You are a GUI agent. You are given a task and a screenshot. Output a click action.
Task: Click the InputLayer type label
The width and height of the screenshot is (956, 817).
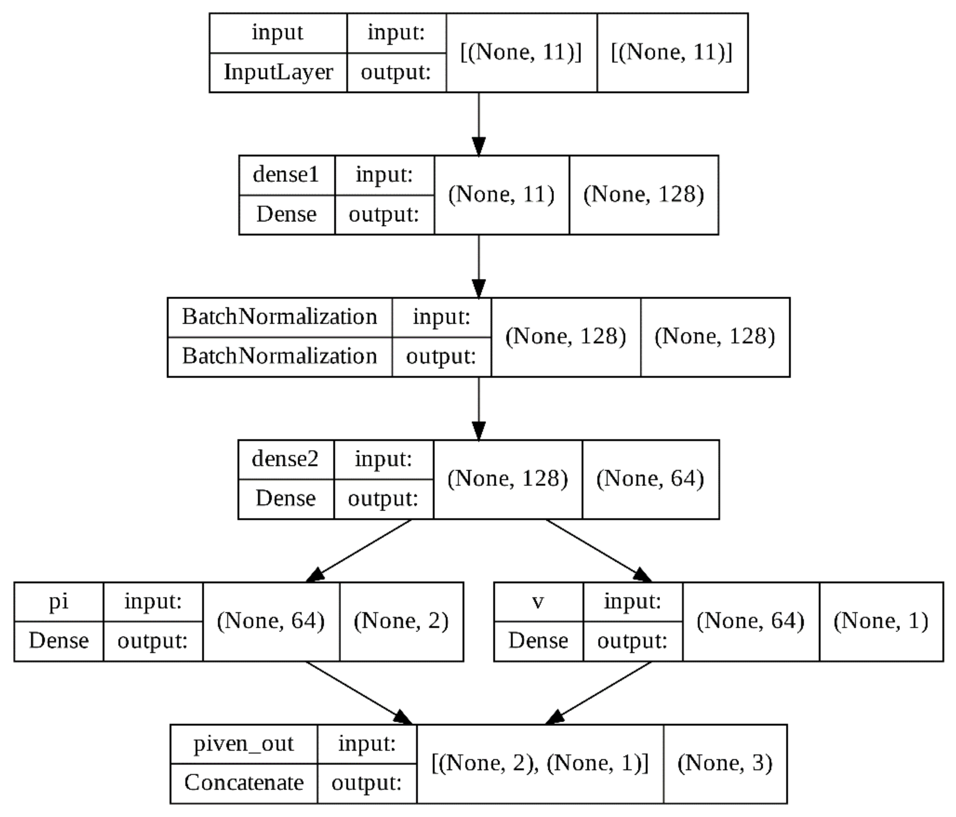pos(278,72)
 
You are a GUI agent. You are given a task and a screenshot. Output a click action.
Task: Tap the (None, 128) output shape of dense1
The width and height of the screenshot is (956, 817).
pos(644,195)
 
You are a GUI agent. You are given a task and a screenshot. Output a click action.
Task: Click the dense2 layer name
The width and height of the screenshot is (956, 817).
pos(285,459)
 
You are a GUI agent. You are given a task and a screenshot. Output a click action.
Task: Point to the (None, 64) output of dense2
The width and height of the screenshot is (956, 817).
pos(650,479)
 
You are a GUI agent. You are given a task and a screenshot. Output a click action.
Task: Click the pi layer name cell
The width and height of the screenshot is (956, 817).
pos(59,601)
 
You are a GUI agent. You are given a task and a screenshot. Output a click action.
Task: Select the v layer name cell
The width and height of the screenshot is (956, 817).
pos(538,601)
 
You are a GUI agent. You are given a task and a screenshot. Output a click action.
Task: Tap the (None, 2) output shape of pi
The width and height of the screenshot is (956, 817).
pos(401,621)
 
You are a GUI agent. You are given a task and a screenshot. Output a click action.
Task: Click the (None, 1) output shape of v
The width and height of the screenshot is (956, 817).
pos(881,621)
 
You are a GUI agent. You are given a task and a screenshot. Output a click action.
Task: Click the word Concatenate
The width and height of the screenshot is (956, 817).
pos(244,783)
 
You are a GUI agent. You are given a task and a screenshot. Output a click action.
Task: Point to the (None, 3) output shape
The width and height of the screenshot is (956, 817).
pos(725,763)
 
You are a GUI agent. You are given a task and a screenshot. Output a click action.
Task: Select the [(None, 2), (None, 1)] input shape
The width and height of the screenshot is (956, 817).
pos(540,763)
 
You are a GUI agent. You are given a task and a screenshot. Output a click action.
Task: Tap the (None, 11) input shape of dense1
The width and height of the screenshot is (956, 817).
pos(501,195)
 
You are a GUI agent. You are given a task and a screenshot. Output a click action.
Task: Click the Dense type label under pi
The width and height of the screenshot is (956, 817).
pos(59,641)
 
